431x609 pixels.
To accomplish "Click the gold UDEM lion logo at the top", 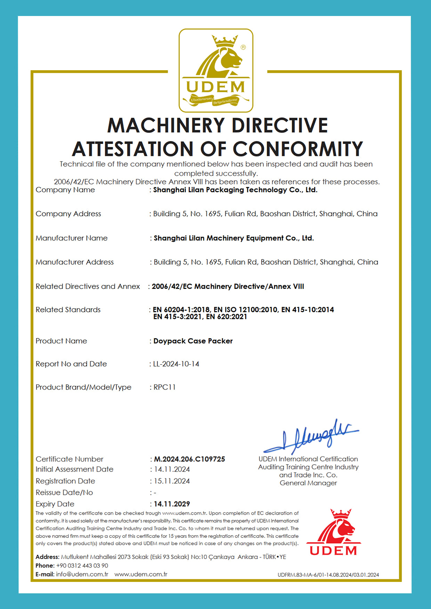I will tap(216, 70).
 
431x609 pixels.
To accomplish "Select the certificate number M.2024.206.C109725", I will tap(190, 459).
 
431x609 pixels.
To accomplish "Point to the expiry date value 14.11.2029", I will tap(172, 504).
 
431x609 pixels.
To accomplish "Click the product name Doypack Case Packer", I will tap(193, 341).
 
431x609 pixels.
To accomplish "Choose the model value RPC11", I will tap(165, 387).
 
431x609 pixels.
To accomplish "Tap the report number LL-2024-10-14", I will tap(176, 364).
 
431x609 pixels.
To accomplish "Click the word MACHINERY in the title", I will tap(166, 125).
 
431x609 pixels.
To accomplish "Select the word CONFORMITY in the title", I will tap(298, 149).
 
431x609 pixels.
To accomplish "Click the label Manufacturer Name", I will tap(72, 238).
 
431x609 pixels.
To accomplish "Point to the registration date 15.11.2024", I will tap(172, 481).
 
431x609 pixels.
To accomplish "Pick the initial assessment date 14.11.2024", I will tap(172, 469).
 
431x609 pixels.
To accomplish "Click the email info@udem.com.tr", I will tap(82, 574).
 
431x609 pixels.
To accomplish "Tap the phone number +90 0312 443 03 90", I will tap(82, 565).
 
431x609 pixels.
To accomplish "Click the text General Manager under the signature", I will tap(308, 483).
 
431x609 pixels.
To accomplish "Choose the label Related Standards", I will tap(68, 309).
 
